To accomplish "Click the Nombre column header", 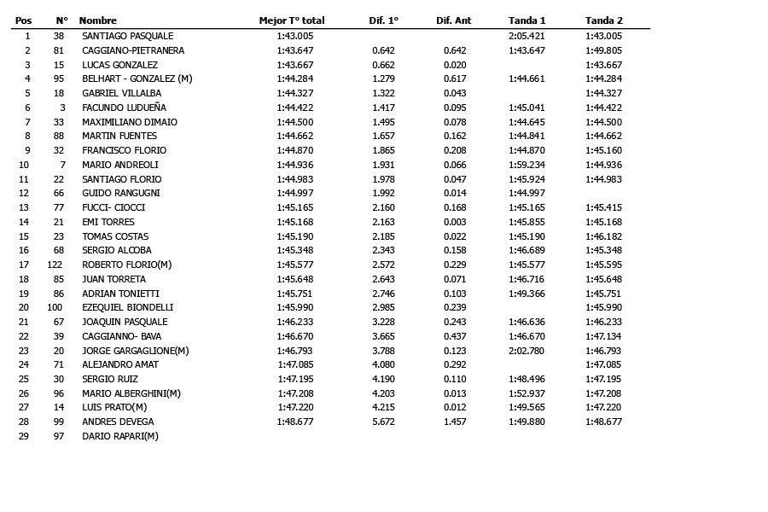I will [98, 20].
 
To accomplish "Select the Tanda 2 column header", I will [603, 20].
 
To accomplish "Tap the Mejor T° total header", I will [292, 20].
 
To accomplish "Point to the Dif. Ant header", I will [454, 20].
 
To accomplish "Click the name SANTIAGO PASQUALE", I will [127, 37].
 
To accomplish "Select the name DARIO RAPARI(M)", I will [120, 436].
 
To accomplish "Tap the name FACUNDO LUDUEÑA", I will [124, 108].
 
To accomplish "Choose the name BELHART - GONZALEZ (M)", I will [137, 79].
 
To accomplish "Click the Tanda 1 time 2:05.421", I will [527, 37].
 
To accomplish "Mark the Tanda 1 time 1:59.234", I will [527, 165].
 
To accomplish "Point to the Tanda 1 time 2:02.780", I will [527, 351].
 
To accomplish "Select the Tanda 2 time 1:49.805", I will [603, 51].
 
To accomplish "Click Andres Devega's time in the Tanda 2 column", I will [603, 422].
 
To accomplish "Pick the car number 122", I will [55, 265].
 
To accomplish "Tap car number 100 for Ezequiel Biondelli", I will [55, 308].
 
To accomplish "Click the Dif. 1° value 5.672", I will [383, 422].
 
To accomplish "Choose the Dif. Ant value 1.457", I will [455, 422].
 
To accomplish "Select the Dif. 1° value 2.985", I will [383, 308].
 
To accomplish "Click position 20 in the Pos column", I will [24, 308].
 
